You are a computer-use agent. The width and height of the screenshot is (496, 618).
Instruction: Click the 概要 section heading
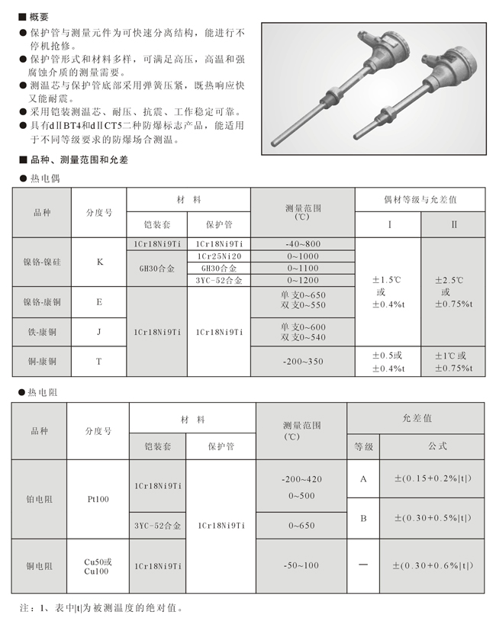coord(37,15)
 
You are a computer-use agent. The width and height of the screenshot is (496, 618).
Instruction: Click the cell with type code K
coord(98,262)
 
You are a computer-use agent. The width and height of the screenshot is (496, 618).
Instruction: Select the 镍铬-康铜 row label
coord(42,301)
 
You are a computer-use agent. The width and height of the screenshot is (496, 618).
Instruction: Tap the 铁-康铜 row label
coord(42,332)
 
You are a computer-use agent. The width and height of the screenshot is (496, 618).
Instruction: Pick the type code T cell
coord(98,361)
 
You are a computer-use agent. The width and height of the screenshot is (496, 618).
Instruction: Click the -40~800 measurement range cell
coord(303,243)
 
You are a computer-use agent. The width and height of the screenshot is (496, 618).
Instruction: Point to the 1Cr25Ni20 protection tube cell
coord(219,256)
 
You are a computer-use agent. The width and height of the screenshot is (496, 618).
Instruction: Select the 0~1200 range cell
coord(303,281)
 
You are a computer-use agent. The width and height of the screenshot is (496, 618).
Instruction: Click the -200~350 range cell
coord(303,361)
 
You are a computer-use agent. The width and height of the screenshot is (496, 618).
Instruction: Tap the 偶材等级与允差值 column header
coord(419,199)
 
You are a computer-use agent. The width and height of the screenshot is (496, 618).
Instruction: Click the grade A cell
coord(363,478)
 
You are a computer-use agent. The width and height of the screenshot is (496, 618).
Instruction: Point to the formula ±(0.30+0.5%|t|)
coord(433,518)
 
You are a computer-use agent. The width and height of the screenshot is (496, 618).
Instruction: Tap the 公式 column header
coord(433,446)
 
